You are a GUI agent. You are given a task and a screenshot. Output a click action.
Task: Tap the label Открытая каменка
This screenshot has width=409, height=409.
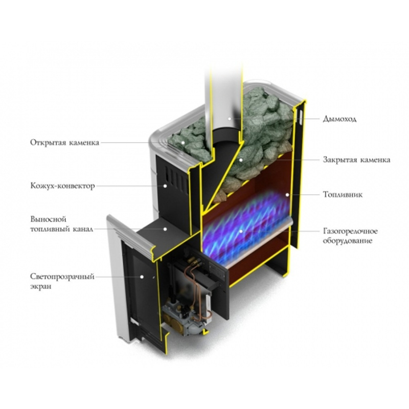pyautogui.click(x=64, y=142)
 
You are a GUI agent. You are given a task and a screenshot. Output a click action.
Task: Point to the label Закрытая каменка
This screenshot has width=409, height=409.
pyautogui.click(x=357, y=160)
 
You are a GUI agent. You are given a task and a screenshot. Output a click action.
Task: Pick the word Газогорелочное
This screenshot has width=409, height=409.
pyautogui.click(x=351, y=231)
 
